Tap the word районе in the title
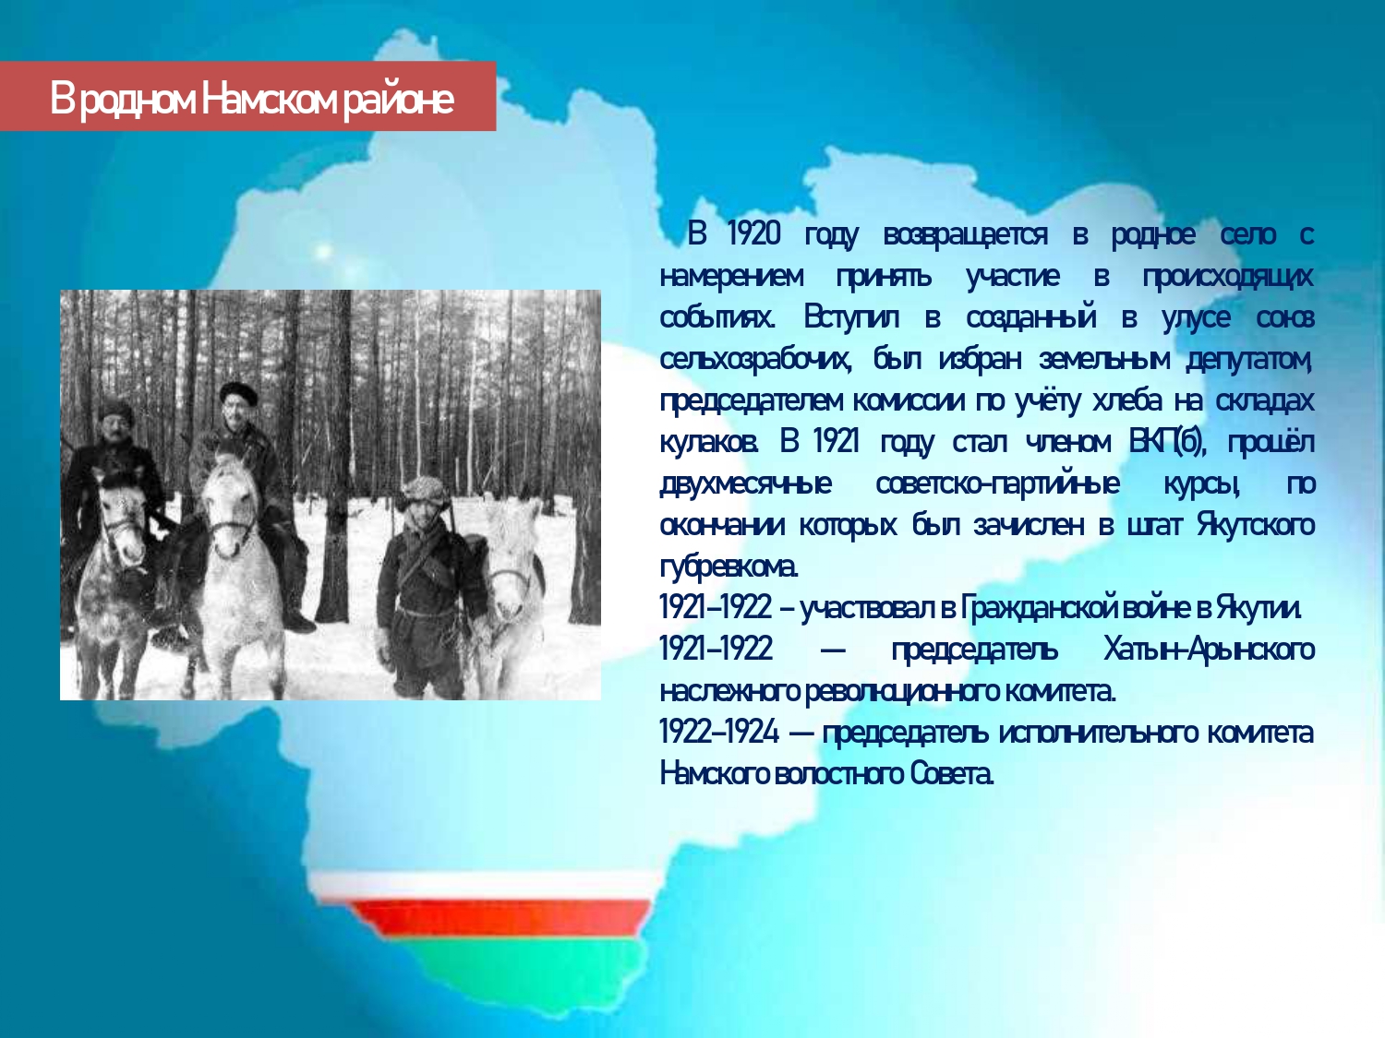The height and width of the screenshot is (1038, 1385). (x=399, y=101)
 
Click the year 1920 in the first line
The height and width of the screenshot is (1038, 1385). (x=754, y=233)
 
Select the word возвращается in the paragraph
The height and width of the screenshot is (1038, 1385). (x=965, y=235)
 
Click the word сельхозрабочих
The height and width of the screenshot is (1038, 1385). (x=755, y=359)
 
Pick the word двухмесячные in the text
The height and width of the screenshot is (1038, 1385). (x=745, y=484)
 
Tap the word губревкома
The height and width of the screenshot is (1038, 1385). (x=729, y=567)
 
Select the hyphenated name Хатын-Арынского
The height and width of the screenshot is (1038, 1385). (x=1209, y=650)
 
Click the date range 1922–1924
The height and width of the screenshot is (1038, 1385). (x=718, y=733)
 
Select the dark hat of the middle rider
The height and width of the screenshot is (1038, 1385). (x=238, y=393)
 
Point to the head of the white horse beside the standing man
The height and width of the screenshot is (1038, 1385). (x=512, y=555)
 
